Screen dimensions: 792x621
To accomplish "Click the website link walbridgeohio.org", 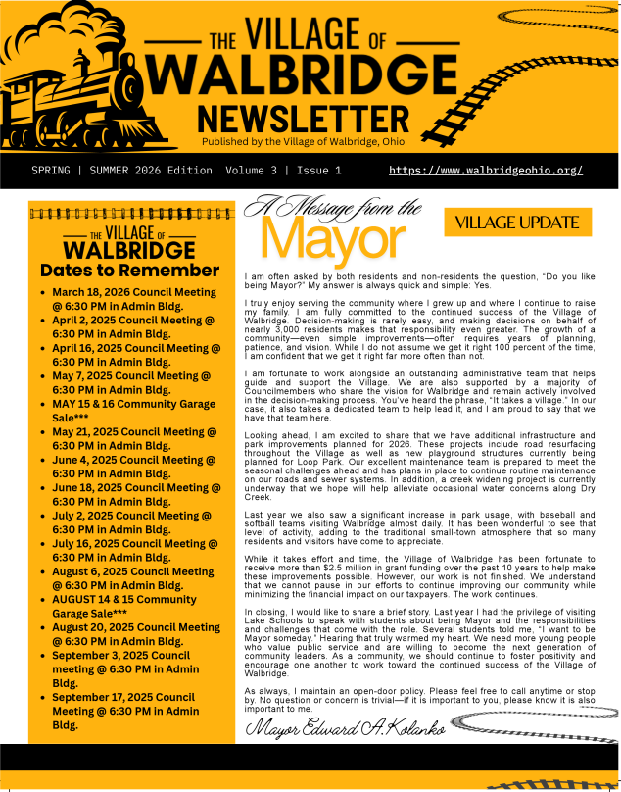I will coord(486,171).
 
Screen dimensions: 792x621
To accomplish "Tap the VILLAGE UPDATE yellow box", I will coord(517,223).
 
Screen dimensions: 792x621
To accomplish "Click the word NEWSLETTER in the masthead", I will coord(303,118).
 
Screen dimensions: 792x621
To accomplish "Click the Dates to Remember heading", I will coord(129,271).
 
